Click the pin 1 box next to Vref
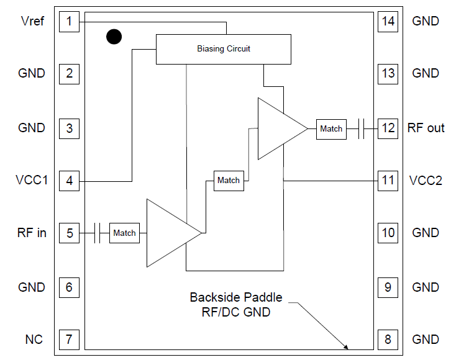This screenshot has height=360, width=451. [x=69, y=22]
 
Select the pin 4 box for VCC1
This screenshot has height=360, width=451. [x=69, y=181]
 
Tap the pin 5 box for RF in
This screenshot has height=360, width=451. [x=69, y=233]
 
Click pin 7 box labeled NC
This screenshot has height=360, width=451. [x=69, y=340]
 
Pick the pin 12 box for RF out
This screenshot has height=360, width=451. [x=388, y=128]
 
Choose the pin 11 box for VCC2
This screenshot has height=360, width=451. [x=388, y=181]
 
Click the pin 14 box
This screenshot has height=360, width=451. [x=388, y=22]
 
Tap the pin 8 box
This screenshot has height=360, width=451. [x=388, y=340]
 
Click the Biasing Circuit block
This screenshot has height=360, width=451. [x=223, y=49]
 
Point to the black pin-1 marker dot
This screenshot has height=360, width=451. [x=114, y=37]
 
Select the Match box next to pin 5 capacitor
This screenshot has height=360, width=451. [x=124, y=233]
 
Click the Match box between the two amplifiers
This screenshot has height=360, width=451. [x=228, y=181]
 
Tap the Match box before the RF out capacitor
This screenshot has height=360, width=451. [x=330, y=129]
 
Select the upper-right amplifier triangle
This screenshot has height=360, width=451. [x=278, y=128]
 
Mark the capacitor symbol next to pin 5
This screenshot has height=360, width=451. [x=97, y=233]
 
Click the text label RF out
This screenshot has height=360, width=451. [x=426, y=128]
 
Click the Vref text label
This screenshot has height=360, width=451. [x=32, y=22]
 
